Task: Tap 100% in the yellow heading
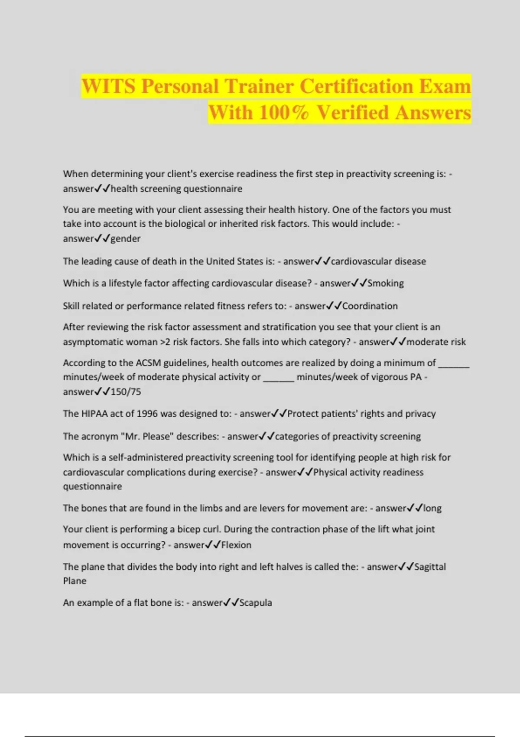tap(283, 112)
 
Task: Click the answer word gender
tap(126, 238)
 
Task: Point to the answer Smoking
tap(385, 283)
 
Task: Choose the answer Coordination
tap(370, 306)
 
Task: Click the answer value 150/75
tap(126, 391)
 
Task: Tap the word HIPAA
tap(94, 414)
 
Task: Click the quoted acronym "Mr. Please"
tap(146, 436)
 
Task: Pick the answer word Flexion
tap(236, 545)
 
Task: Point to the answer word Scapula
tap(256, 603)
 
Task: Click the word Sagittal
tap(430, 567)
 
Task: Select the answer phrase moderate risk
tap(436, 342)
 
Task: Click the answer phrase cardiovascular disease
tap(378, 261)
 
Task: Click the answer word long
tap(432, 508)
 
